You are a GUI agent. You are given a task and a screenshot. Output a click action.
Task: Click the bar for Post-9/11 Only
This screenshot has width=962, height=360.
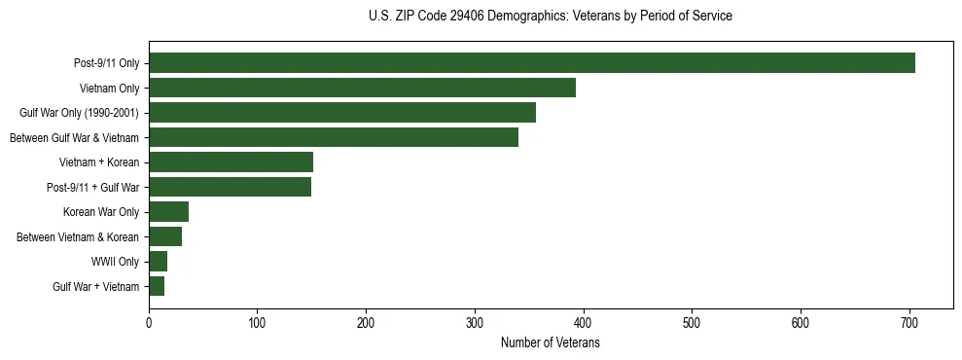[x=532, y=63]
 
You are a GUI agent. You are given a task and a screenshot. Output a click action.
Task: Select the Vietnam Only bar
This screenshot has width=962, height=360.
[x=362, y=88]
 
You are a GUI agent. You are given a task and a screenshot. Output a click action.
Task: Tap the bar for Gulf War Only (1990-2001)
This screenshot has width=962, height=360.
[x=342, y=113]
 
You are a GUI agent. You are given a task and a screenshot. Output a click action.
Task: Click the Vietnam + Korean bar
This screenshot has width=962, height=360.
[x=231, y=162]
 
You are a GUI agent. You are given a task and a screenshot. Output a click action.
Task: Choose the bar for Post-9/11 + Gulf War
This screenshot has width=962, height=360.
[x=230, y=187]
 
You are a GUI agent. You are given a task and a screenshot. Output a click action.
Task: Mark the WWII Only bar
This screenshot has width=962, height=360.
[x=158, y=262]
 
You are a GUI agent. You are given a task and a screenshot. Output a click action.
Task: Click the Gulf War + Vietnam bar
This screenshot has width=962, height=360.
[x=157, y=286]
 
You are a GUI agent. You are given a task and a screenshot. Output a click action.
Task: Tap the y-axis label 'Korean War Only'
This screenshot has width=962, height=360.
[x=101, y=212]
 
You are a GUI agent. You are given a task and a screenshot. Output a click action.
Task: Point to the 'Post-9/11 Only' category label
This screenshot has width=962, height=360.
[x=106, y=63]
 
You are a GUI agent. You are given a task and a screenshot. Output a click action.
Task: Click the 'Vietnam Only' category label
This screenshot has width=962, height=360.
[x=109, y=88]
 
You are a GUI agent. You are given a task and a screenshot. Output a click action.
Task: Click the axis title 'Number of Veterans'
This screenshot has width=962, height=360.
[x=550, y=343]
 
